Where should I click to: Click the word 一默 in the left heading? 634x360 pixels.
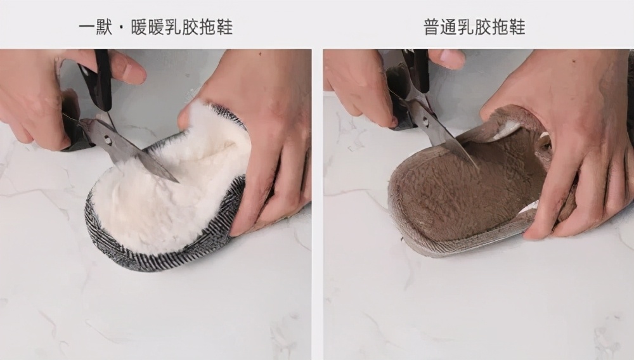[96, 27]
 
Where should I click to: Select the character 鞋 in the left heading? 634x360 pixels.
[224, 27]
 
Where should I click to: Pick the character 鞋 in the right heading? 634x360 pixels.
[516, 27]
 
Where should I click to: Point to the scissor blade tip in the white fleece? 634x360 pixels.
[176, 181]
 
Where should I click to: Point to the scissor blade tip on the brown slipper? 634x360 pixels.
[475, 166]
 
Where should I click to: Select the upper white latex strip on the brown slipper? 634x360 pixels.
[507, 131]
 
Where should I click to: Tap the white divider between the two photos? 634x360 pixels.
[317, 203]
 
